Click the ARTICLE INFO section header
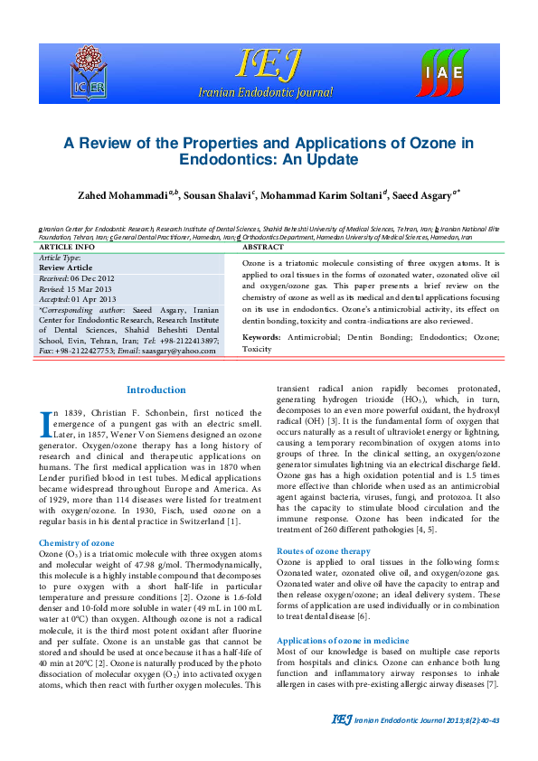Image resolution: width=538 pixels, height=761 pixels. click(67, 247)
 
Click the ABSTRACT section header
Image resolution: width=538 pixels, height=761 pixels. click(264, 247)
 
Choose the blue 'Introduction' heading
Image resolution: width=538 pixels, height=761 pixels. click(156, 390)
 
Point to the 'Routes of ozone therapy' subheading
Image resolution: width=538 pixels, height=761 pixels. click(323, 550)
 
